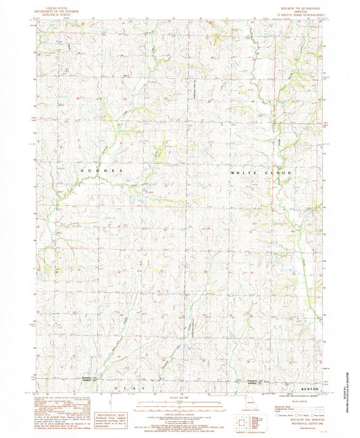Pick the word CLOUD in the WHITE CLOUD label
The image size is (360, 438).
(x=278, y=173)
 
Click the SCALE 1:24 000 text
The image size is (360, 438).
(x=179, y=398)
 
